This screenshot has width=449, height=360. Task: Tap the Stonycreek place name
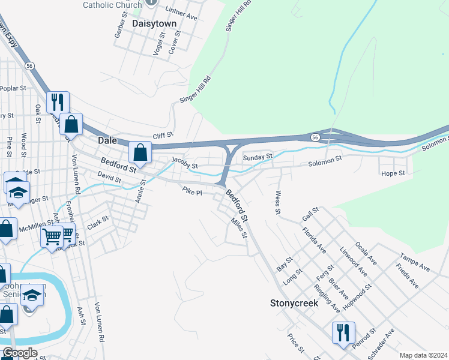click(x=293, y=304)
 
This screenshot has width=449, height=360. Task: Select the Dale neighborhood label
click(x=108, y=140)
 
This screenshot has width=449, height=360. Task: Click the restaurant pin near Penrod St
click(x=343, y=333)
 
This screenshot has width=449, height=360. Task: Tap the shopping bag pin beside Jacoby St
click(x=140, y=153)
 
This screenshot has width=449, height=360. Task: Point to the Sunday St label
click(x=258, y=157)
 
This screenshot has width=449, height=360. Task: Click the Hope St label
click(x=393, y=173)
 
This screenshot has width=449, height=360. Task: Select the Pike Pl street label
click(x=192, y=190)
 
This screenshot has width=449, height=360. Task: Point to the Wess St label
click(x=277, y=203)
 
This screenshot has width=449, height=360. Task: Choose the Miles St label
click(x=239, y=227)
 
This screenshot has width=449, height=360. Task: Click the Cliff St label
click(x=163, y=136)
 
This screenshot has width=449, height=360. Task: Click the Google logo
click(x=20, y=353)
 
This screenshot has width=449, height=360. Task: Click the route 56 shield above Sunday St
click(x=315, y=137)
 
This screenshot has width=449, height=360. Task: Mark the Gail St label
click(x=311, y=213)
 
